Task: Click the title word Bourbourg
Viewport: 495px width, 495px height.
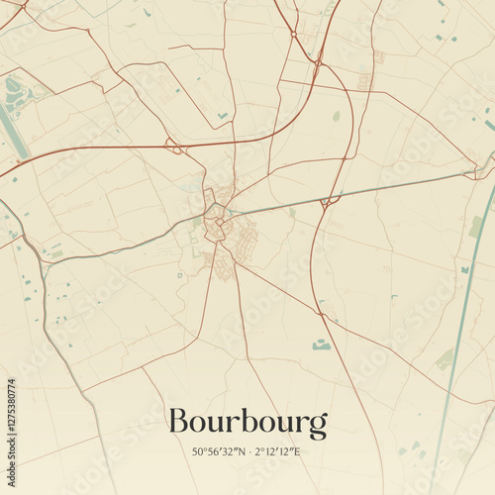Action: [x=247, y=423]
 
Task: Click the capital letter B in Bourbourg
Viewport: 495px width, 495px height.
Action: [x=178, y=422]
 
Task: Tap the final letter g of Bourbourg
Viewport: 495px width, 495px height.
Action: [x=318, y=426]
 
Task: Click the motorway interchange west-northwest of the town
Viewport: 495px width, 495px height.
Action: [x=175, y=148]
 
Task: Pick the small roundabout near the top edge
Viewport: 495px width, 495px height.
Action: [x=293, y=34]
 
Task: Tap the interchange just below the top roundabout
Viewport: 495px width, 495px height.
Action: [x=317, y=65]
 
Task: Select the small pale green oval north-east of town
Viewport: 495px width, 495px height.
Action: [x=337, y=116]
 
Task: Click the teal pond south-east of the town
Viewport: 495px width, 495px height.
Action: [x=321, y=345]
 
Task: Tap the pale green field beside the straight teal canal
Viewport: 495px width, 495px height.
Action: [x=445, y=359]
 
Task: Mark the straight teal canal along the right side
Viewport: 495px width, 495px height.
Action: [x=465, y=327]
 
